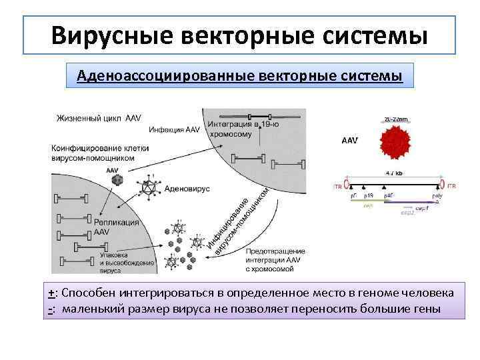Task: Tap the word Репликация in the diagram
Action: pos(117,223)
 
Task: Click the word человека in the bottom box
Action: pos(430,293)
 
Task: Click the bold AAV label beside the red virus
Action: pos(349,141)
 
